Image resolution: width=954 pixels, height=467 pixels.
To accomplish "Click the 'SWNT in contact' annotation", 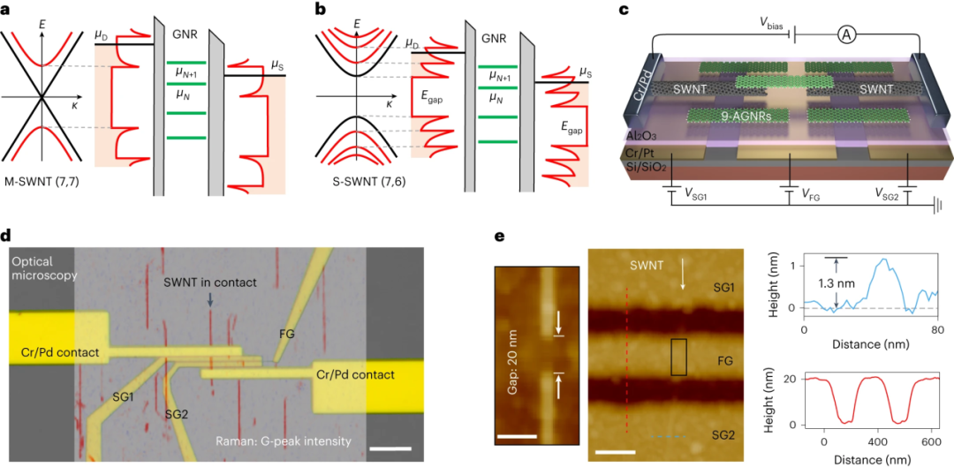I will click(x=210, y=282).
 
